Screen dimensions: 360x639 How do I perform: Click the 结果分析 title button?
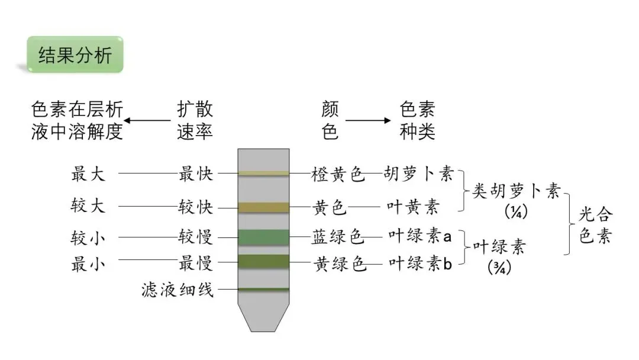[x=75, y=55]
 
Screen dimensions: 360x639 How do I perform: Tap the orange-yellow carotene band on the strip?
[x=263, y=173]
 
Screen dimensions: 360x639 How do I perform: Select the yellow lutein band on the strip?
[x=263, y=207]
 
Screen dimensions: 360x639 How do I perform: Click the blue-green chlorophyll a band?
[x=263, y=237]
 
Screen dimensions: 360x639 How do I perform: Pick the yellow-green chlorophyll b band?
[x=263, y=261]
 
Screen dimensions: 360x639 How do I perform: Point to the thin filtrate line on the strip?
[x=263, y=290]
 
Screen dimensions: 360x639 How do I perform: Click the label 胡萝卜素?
[x=418, y=174]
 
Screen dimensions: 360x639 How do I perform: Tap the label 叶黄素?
[x=413, y=207]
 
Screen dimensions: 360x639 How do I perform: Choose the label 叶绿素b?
[x=419, y=264]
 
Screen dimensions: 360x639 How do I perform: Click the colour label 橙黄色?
[x=338, y=174]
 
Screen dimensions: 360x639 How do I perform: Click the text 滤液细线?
[x=177, y=290]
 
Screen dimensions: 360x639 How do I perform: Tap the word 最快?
[x=195, y=174]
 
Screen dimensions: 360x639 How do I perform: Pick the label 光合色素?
[x=595, y=226]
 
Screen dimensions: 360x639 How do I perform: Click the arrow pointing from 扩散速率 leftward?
[x=147, y=120]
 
